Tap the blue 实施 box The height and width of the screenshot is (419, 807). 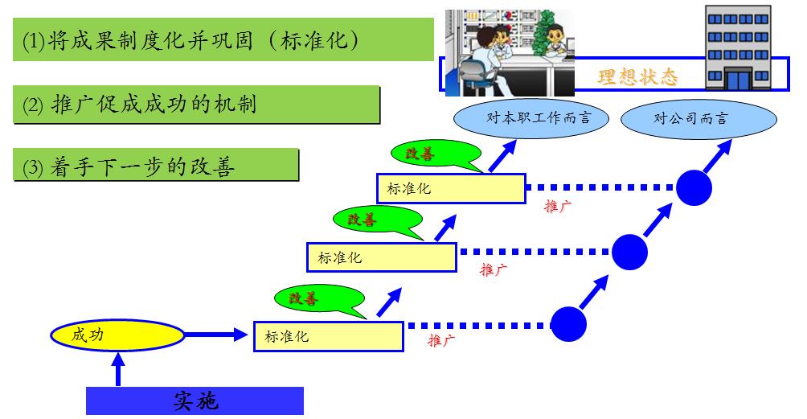195,401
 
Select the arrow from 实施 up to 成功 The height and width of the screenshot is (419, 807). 119,369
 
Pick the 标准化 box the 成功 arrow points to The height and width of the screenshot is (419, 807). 328,336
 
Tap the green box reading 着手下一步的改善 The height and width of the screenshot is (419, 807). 157,166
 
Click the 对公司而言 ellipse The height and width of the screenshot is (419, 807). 699,119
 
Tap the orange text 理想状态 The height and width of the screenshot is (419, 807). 637,77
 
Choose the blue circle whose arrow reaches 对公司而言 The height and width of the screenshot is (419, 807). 694,188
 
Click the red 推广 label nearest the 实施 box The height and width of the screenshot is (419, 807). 441,341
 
